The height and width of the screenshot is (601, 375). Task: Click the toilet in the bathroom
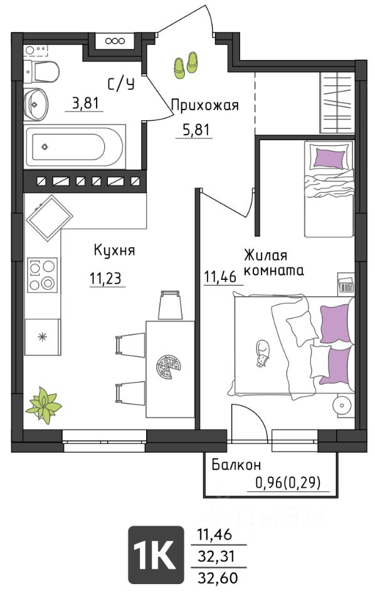(x=41, y=71)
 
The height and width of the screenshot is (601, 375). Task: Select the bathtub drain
(x=45, y=146)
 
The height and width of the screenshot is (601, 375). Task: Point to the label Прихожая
(x=205, y=105)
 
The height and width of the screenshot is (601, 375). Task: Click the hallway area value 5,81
(x=196, y=130)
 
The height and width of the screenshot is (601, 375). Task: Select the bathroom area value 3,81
(x=85, y=103)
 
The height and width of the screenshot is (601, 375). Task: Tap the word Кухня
(x=114, y=250)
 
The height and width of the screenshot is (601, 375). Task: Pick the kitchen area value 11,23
(x=107, y=279)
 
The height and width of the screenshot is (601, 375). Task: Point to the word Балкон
(x=236, y=465)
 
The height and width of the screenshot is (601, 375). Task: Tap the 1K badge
(x=156, y=555)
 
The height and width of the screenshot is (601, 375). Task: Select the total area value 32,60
(x=218, y=577)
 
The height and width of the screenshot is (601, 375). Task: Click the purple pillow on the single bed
(x=329, y=159)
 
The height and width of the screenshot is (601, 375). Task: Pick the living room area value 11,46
(x=220, y=276)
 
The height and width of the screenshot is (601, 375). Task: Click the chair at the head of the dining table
(x=170, y=305)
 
